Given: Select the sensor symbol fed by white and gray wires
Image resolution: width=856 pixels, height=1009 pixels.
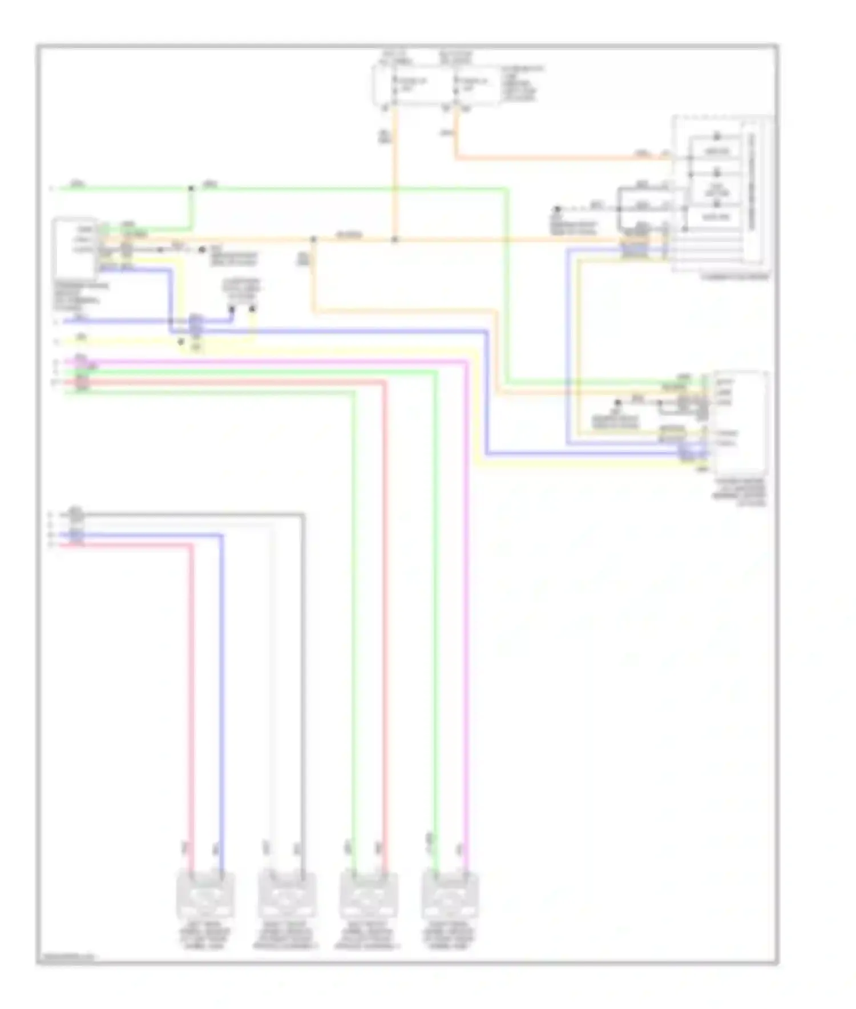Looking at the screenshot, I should click(286, 895).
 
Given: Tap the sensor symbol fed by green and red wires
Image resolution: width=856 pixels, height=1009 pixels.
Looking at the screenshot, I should click(368, 895).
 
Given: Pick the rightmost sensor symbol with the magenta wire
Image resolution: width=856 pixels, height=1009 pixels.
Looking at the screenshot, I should click(450, 895).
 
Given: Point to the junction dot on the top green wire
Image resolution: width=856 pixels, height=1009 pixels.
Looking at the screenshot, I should click(191, 188).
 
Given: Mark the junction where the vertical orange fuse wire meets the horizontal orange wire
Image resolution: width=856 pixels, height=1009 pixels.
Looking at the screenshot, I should click(394, 239).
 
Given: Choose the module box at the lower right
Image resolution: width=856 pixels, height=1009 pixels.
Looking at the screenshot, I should click(741, 422).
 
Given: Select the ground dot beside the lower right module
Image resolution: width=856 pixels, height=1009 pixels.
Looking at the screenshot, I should click(617, 403).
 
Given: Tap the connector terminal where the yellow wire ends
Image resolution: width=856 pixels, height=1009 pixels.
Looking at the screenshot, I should click(253, 309).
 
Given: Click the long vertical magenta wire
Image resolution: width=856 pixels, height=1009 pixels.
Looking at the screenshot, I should click(467, 628).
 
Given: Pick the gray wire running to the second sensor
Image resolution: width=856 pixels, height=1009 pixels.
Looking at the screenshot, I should click(303, 685).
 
